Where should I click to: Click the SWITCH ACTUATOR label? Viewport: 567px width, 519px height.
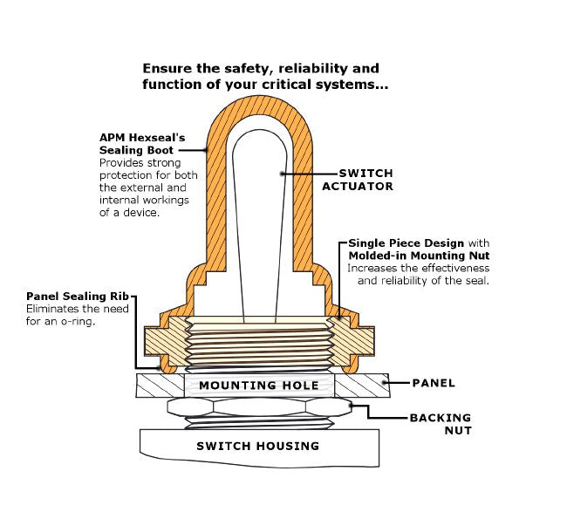click(358, 180)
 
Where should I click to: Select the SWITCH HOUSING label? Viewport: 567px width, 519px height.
click(257, 446)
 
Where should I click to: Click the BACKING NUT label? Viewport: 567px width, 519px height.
click(440, 424)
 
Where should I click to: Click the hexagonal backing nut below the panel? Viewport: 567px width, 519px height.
click(257, 407)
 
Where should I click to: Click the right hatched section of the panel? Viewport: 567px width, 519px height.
click(362, 385)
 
